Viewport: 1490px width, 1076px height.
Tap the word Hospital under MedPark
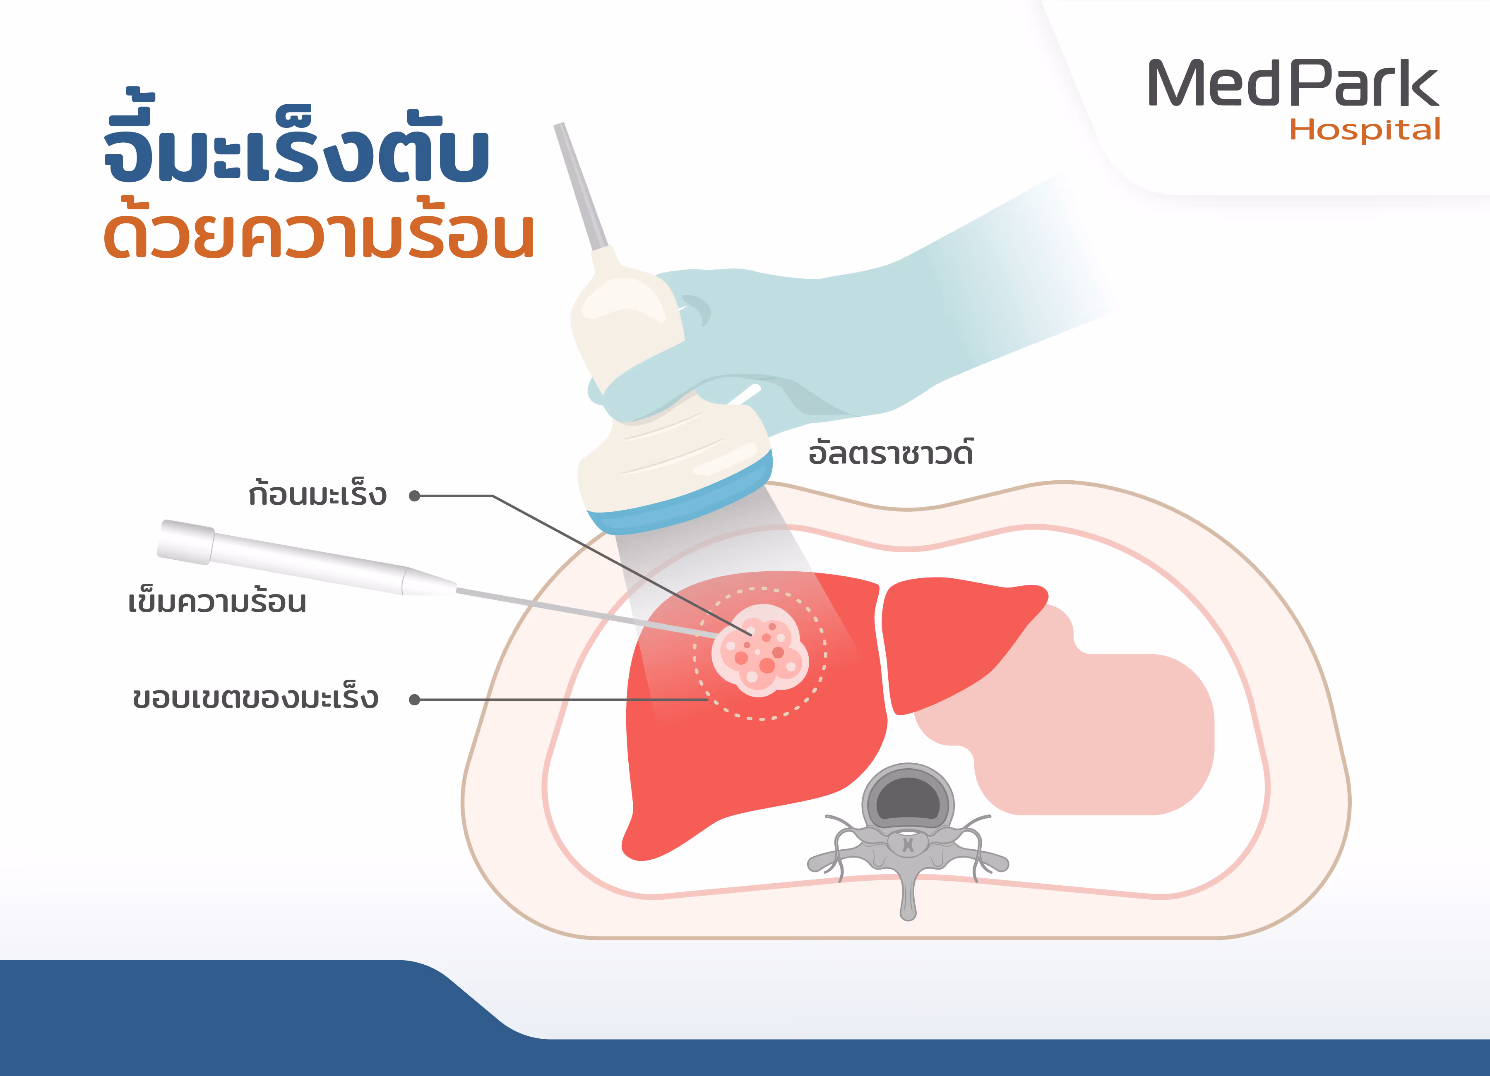[1365, 130]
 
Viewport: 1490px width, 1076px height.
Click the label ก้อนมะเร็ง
[317, 494]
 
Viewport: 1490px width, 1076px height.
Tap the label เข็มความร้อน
[217, 602]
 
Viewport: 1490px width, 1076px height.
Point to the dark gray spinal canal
[908, 800]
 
